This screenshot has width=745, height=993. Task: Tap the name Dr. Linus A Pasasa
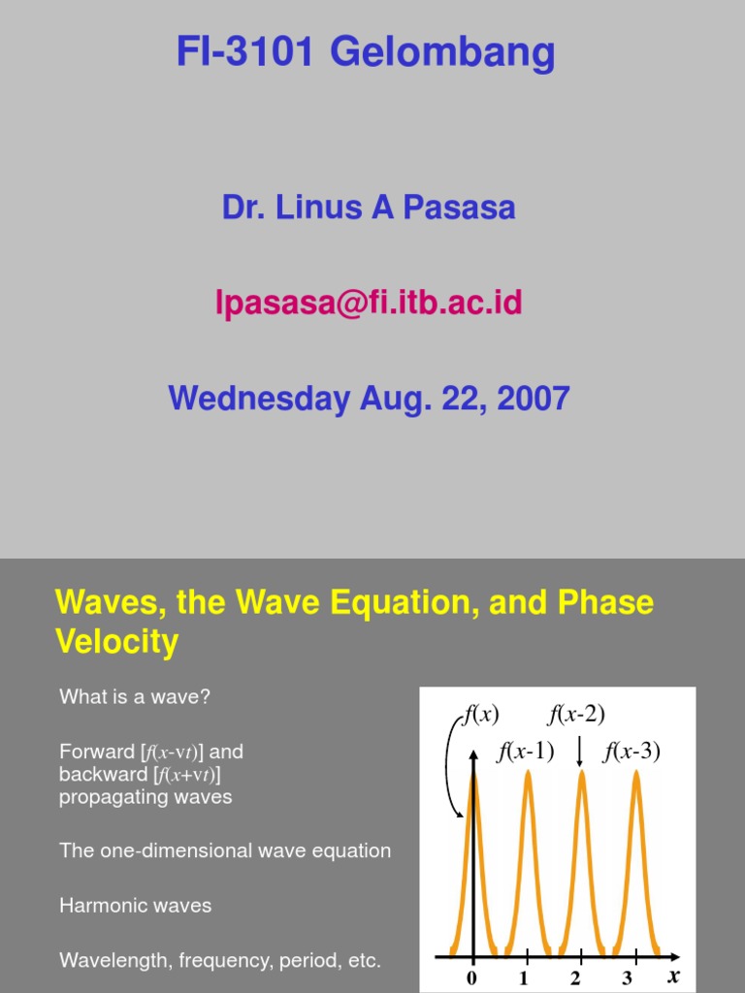click(x=369, y=208)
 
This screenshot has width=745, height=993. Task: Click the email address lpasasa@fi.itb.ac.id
click(x=369, y=304)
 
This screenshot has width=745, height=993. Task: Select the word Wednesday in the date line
click(x=258, y=399)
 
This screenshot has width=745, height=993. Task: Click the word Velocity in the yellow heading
click(x=117, y=642)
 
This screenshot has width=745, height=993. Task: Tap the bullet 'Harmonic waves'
click(x=135, y=906)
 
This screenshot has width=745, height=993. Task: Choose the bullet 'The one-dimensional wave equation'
click(x=225, y=850)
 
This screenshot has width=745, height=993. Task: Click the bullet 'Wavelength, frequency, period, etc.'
click(x=220, y=961)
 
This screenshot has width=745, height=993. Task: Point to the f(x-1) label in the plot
click(x=525, y=752)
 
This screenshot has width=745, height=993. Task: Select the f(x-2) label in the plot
click(x=576, y=716)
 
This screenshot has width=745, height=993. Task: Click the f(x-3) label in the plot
click(x=632, y=752)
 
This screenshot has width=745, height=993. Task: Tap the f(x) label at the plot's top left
click(x=479, y=716)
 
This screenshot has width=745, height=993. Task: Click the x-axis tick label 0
click(x=472, y=977)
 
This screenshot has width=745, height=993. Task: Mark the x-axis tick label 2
click(x=576, y=977)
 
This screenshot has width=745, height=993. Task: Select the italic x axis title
click(x=673, y=977)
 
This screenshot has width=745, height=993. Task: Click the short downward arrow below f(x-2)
click(x=579, y=753)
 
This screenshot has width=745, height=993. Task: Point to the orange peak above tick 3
click(x=636, y=776)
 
